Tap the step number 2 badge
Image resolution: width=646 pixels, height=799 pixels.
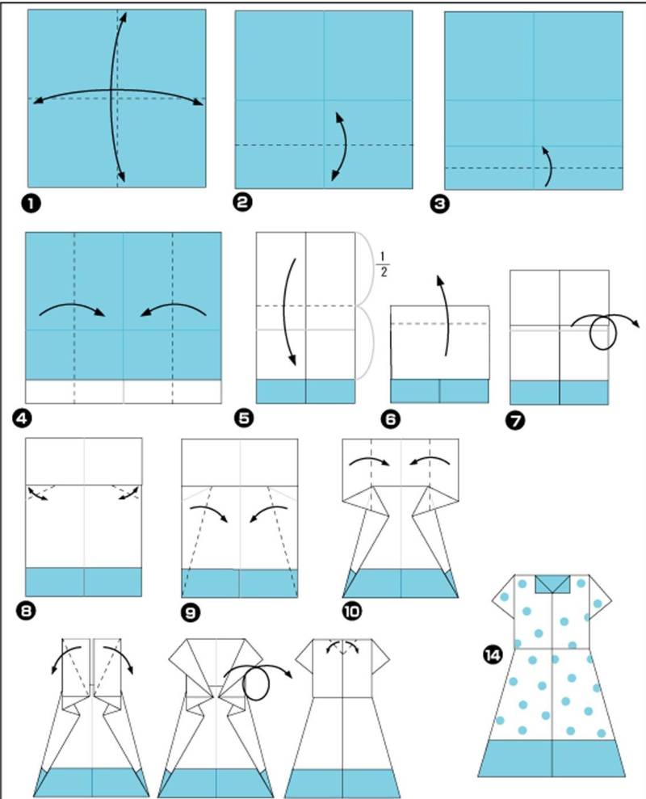[242, 203]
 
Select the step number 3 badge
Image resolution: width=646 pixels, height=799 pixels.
[440, 204]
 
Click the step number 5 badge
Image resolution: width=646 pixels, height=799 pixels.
[244, 418]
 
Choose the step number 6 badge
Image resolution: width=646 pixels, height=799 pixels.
[390, 419]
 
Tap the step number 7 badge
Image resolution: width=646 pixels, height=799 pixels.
[516, 421]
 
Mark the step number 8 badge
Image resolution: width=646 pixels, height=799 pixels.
[26, 611]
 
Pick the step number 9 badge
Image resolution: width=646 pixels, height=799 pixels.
[191, 612]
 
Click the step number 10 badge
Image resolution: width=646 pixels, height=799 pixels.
[351, 611]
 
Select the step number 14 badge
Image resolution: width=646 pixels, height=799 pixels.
[493, 655]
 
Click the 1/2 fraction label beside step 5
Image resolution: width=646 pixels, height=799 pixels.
[383, 263]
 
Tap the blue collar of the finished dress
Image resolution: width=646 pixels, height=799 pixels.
[552, 584]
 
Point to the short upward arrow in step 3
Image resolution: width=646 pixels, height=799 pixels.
[548, 166]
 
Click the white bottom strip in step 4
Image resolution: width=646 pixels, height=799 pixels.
[124, 391]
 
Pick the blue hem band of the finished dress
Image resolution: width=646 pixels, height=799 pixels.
[552, 759]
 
